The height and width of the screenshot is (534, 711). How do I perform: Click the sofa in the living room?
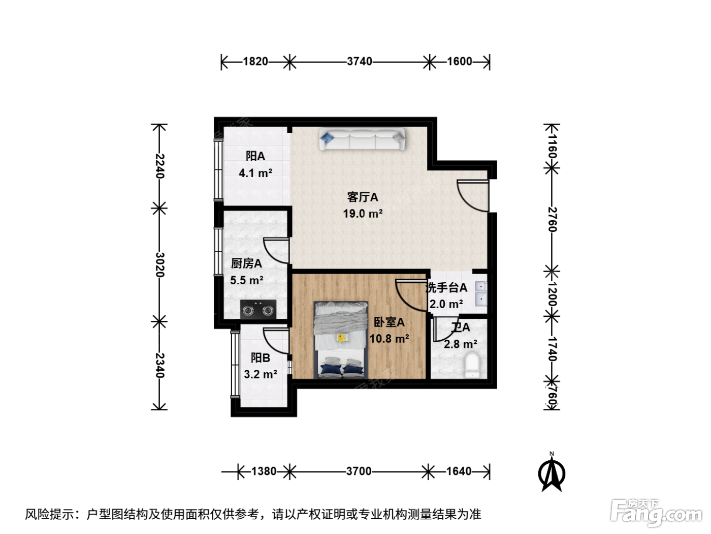coord(362,139)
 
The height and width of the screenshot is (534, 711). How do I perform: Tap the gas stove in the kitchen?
coord(258,309)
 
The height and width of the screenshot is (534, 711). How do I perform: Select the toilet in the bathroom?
coord(472,365)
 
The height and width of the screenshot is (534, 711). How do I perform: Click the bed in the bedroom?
coord(341,340)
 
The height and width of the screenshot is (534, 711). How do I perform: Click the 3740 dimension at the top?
coord(359,61)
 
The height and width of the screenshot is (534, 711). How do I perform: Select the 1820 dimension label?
coord(255,61)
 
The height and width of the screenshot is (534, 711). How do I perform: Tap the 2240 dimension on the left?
coord(160,166)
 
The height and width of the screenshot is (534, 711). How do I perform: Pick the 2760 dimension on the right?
coord(552,220)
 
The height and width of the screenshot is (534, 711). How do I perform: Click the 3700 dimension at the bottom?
coord(359,471)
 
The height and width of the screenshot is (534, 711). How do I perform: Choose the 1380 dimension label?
coord(264,471)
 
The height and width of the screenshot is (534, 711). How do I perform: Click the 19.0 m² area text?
coord(363,214)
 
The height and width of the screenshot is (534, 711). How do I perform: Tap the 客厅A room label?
coord(363,197)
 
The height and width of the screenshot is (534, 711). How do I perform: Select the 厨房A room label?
coord(246,263)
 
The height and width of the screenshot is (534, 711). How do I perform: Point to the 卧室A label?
coord(389,322)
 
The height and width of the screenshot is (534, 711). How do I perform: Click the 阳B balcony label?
coord(261,358)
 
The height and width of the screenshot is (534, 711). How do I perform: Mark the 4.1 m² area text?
coord(255,173)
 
